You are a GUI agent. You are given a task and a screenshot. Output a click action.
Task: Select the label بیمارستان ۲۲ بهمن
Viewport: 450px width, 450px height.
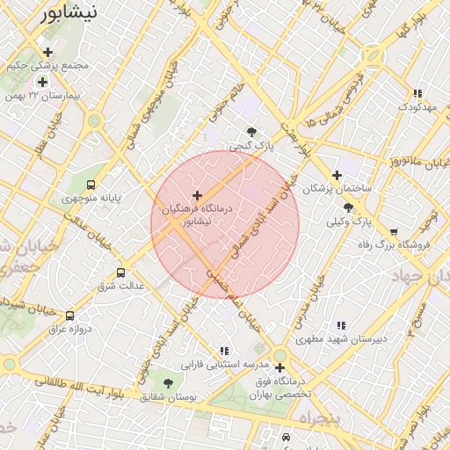pos(34,94)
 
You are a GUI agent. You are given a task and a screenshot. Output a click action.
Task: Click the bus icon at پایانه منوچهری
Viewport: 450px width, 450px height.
pos(91,185)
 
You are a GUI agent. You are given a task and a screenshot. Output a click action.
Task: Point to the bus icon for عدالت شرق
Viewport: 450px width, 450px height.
pos(120,272)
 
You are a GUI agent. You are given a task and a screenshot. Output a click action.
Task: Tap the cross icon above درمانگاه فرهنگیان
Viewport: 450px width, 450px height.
pos(197,195)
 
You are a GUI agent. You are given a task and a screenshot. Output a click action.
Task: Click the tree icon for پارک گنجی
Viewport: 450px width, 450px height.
pos(252,133)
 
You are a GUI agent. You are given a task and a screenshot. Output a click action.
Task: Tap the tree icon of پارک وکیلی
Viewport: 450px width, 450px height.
pos(349,208)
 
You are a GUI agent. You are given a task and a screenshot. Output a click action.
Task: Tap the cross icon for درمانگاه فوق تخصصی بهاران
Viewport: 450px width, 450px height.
pos(279,367)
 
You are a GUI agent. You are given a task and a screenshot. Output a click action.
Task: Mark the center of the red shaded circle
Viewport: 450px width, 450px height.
pos(225,225)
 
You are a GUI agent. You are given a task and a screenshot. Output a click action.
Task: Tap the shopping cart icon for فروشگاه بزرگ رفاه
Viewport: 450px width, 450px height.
pos(394,232)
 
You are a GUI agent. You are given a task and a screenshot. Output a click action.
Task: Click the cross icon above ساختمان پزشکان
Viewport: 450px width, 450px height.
pos(337,175)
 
